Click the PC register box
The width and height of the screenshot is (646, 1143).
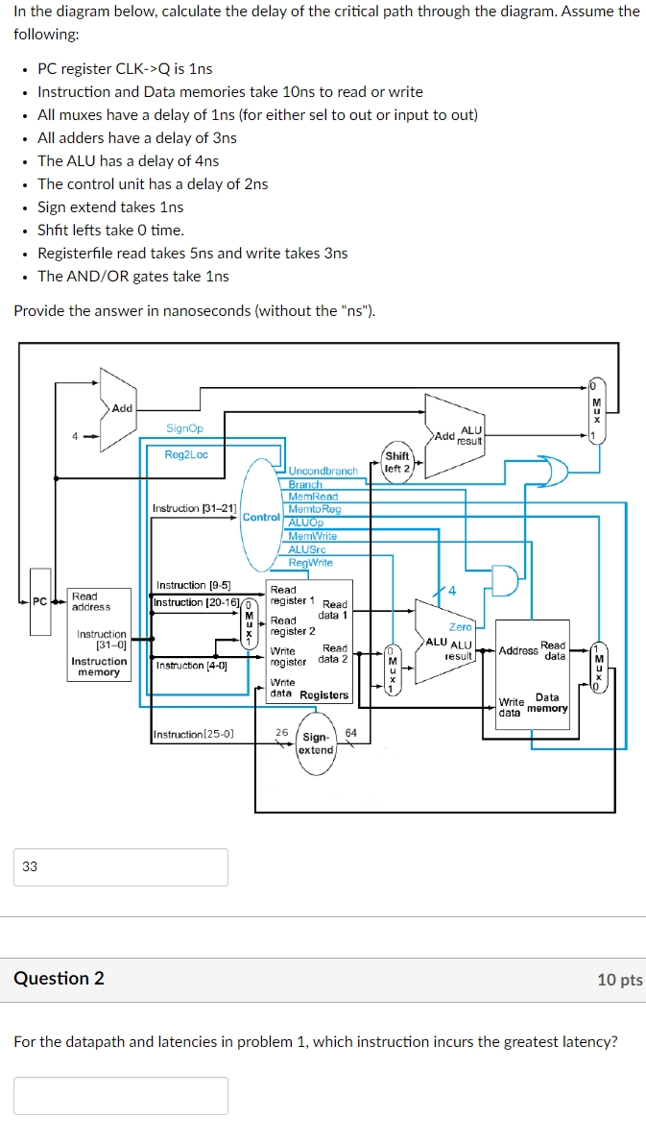point(40,616)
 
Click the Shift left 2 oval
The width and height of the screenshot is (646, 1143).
point(396,462)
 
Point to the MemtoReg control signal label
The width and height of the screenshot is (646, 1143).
point(314,509)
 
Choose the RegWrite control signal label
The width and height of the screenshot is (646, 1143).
point(311,563)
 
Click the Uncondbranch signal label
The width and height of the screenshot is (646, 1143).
point(323,472)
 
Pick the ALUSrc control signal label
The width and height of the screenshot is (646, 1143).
point(307,549)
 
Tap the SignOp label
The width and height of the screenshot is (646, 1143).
point(184,428)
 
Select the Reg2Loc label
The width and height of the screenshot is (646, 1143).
point(186,454)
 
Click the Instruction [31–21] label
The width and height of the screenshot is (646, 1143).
point(195,508)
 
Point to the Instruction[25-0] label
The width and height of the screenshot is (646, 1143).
point(193,735)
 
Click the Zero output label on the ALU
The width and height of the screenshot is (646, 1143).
point(461,627)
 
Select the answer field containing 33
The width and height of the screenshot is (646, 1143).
point(121,866)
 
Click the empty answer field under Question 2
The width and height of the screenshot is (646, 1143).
point(121,1095)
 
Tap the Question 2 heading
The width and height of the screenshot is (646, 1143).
point(59,979)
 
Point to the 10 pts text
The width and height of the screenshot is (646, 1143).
point(619,980)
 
